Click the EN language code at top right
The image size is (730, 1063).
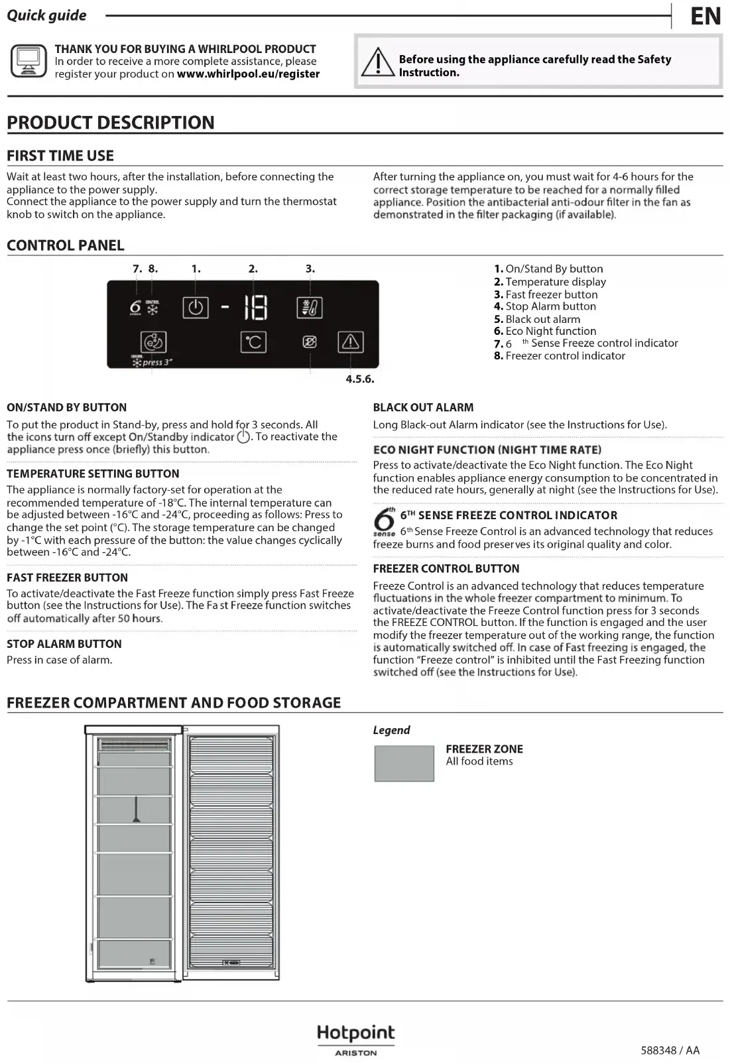click(x=705, y=16)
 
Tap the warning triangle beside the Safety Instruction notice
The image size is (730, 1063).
click(x=377, y=62)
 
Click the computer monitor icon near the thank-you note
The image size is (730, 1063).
click(x=29, y=61)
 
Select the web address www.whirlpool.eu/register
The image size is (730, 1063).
click(x=248, y=74)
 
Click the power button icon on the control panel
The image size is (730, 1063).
click(x=195, y=308)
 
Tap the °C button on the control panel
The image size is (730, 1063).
click(x=253, y=342)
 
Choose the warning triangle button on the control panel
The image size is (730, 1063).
click(x=350, y=342)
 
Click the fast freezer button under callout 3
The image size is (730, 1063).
click(x=310, y=308)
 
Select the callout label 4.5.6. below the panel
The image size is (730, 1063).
click(x=360, y=379)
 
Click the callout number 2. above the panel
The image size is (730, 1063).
click(x=253, y=269)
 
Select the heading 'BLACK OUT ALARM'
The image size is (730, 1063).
click(x=423, y=407)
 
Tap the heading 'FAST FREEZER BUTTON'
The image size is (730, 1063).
click(x=67, y=578)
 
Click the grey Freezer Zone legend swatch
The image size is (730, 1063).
click(x=404, y=763)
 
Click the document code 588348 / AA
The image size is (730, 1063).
click(x=670, y=1050)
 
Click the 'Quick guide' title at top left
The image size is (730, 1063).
click(x=46, y=15)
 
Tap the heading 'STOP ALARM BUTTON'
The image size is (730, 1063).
click(x=64, y=644)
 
